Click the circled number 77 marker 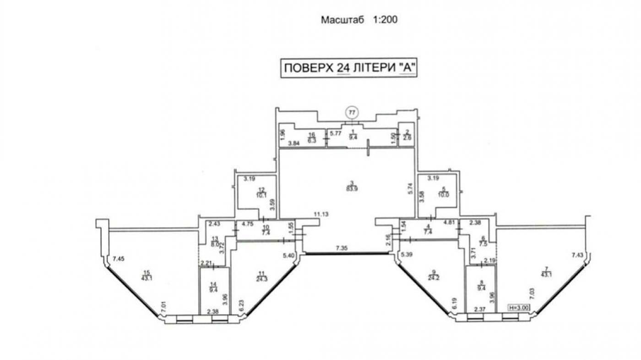(x=352, y=112)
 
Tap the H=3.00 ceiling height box (x=519, y=308)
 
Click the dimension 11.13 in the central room (x=322, y=214)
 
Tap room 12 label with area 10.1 (x=261, y=192)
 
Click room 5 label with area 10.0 (x=443, y=192)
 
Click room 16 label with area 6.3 (x=312, y=137)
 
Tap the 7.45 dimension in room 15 (x=118, y=259)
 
